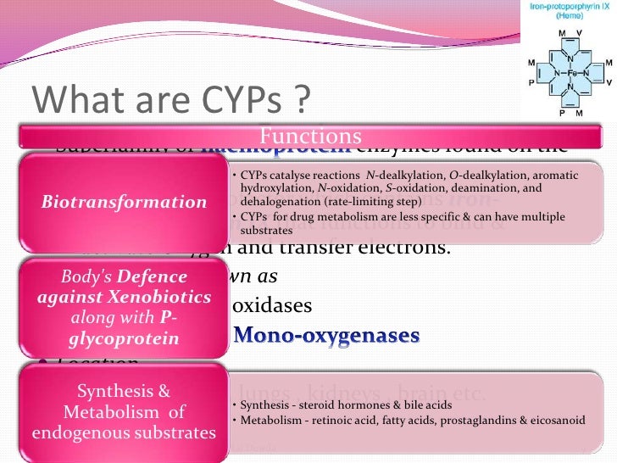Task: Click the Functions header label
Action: [310, 137]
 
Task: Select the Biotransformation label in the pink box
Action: [124, 202]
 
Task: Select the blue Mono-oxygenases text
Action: [326, 335]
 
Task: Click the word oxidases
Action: [272, 304]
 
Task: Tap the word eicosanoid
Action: [526, 420]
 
